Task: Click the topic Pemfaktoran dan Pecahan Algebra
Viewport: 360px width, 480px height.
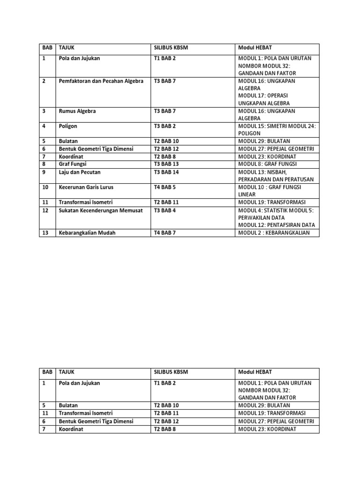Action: point(101,81)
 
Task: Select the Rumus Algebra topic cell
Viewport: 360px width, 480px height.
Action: point(77,112)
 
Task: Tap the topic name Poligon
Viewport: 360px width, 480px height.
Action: point(68,127)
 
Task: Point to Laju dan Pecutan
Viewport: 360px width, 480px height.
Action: point(80,172)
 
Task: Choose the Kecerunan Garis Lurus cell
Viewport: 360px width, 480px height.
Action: point(86,187)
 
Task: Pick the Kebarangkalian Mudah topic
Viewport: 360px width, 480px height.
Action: point(87,233)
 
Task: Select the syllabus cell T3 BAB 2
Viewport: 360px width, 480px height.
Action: point(165,127)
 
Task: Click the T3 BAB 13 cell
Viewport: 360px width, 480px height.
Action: point(167,165)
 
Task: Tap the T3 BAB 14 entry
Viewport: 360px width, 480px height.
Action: point(167,172)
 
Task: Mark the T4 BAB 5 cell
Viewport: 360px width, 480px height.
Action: point(165,187)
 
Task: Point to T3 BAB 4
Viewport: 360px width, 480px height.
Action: point(165,210)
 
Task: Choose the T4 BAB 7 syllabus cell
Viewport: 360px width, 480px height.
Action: point(165,233)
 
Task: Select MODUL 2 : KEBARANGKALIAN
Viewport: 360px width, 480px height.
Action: point(274,233)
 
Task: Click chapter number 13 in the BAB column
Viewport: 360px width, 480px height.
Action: point(45,233)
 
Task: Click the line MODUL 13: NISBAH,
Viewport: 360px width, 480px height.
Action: point(262,172)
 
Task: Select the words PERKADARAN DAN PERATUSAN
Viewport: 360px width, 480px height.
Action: point(276,180)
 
